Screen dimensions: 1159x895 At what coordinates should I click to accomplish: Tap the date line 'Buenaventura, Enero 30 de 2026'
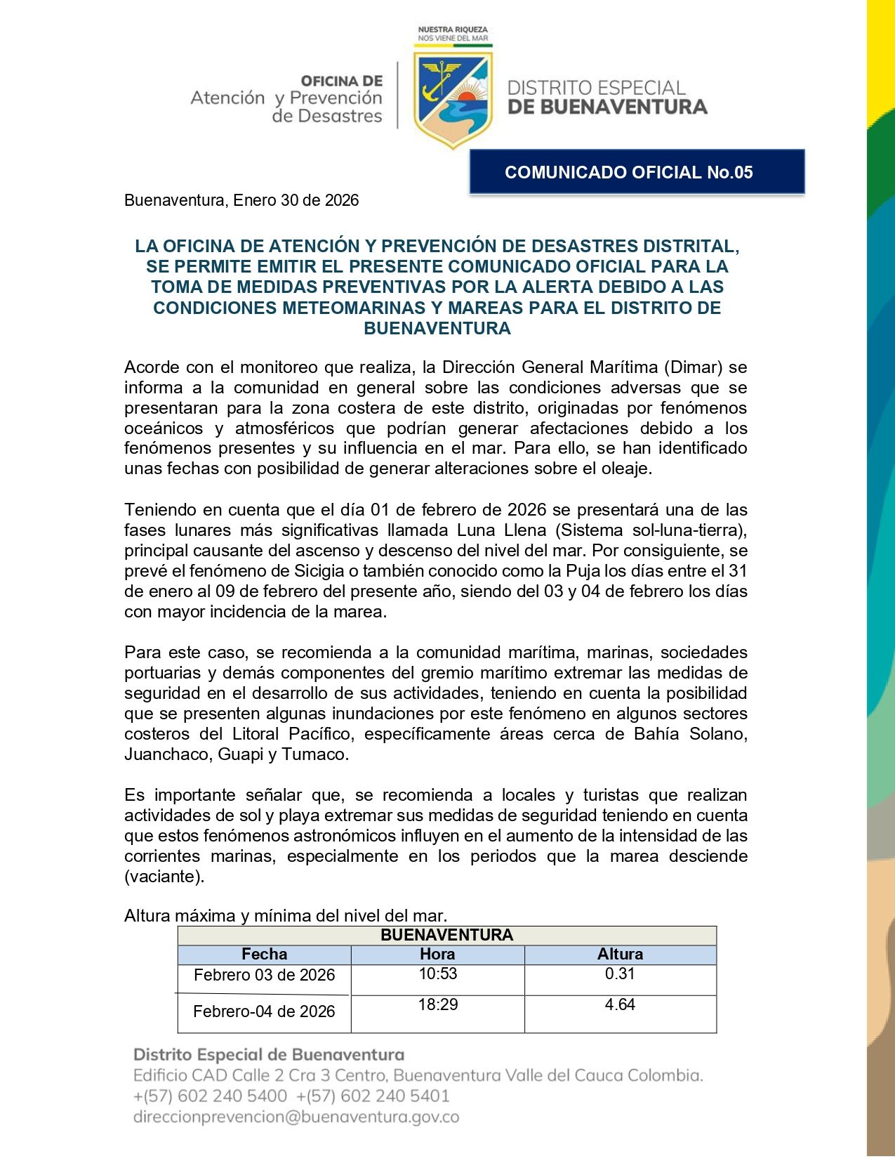click(x=241, y=200)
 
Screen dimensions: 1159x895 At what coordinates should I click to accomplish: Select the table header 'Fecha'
click(x=264, y=954)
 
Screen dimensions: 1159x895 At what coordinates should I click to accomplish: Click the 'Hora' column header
click(x=437, y=954)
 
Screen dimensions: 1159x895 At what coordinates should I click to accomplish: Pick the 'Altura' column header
click(x=620, y=954)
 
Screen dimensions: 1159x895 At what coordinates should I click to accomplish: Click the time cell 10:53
click(x=438, y=974)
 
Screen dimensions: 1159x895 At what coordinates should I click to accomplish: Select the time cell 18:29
click(x=438, y=1004)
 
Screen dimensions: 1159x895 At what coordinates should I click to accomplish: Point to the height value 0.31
click(x=620, y=974)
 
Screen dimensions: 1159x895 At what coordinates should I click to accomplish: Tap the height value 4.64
click(x=620, y=1004)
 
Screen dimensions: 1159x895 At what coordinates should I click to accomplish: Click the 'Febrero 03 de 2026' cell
click(x=264, y=975)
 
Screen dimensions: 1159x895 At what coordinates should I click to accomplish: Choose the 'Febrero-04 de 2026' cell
click(x=264, y=1011)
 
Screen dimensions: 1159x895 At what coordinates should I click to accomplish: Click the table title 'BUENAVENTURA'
click(x=446, y=935)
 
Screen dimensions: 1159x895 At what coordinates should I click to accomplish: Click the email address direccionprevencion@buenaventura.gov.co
click(x=296, y=1117)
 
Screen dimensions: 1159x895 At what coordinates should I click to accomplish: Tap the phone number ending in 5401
click(x=373, y=1096)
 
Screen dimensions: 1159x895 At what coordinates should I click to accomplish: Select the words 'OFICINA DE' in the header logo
click(x=342, y=81)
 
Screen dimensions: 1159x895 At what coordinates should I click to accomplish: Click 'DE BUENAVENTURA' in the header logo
click(x=607, y=107)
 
